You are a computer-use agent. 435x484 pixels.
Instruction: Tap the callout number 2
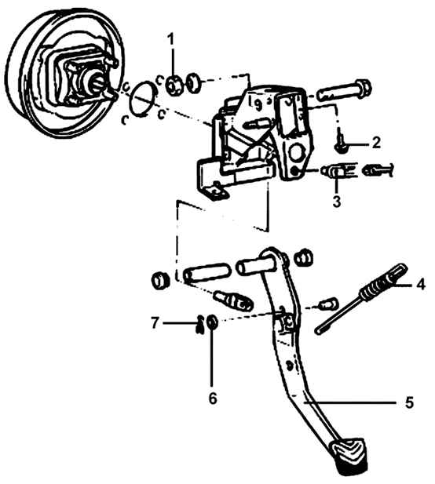tap(376, 143)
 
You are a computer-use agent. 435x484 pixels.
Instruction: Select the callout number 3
tap(336, 201)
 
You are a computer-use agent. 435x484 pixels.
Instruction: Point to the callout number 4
tap(421, 283)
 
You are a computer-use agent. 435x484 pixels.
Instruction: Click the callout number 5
tap(409, 403)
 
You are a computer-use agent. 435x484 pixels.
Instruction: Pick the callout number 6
tap(213, 398)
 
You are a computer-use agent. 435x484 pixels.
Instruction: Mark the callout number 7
tap(155, 323)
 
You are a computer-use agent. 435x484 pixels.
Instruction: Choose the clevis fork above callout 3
tap(339, 171)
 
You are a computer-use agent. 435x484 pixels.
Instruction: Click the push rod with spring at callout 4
tap(359, 299)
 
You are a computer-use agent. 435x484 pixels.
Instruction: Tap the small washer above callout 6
tap(212, 322)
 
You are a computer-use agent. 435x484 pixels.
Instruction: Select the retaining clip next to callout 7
tap(200, 324)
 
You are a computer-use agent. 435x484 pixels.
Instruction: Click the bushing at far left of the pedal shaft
tap(160, 281)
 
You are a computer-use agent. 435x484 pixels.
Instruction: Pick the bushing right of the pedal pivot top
tap(303, 257)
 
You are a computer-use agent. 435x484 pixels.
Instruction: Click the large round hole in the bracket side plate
tap(297, 152)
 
